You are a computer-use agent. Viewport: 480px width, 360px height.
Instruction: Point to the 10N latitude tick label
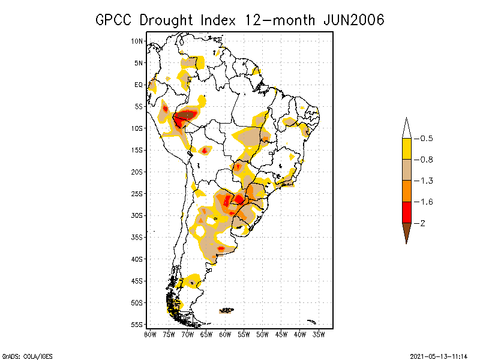[x=137, y=41]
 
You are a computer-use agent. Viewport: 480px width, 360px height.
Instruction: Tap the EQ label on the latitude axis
[x=139, y=85]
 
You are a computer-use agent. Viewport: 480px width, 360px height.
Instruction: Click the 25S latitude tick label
[x=137, y=193]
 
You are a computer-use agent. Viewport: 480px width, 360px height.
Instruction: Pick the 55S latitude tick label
[x=137, y=324]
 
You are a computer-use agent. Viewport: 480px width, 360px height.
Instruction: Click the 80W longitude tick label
[x=150, y=334]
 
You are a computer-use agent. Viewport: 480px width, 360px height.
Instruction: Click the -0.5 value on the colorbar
[x=426, y=139]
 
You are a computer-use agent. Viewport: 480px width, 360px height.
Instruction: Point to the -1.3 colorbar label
[x=426, y=181]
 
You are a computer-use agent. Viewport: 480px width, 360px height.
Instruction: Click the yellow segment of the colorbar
[x=406, y=149]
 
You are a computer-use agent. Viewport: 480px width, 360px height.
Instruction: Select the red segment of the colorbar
[x=406, y=212]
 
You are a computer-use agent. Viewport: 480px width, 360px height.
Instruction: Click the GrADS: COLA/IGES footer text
[x=25, y=354]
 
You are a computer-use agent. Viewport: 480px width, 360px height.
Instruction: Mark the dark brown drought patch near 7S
[x=187, y=114]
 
